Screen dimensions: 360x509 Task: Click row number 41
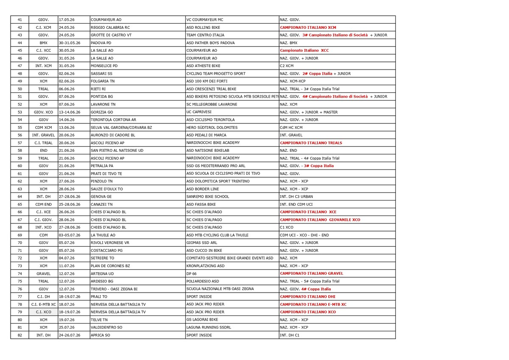point(20,20)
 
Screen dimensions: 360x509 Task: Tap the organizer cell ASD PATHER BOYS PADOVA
point(210,43)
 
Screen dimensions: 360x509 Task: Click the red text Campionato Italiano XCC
point(304,50)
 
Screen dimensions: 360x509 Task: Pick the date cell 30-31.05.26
point(69,43)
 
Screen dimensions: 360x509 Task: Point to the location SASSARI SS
point(101,73)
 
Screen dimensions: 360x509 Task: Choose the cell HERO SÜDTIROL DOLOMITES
point(212,127)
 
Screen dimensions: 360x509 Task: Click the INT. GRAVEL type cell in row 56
point(43,135)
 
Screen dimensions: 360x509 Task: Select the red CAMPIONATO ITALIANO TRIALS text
point(311,143)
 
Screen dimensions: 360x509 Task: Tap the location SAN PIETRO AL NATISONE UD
point(117,151)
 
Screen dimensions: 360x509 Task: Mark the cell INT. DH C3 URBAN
point(296,197)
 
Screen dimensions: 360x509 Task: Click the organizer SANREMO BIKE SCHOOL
point(208,197)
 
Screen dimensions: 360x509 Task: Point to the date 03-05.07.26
point(68,235)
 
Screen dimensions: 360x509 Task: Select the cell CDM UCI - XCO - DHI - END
point(304,235)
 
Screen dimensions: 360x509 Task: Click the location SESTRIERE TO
point(102,258)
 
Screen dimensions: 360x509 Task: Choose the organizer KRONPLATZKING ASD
point(206,266)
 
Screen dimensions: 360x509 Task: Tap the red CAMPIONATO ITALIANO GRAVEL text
point(312,273)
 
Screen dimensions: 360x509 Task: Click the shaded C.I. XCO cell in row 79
point(43,312)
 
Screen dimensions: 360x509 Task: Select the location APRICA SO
point(100,335)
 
